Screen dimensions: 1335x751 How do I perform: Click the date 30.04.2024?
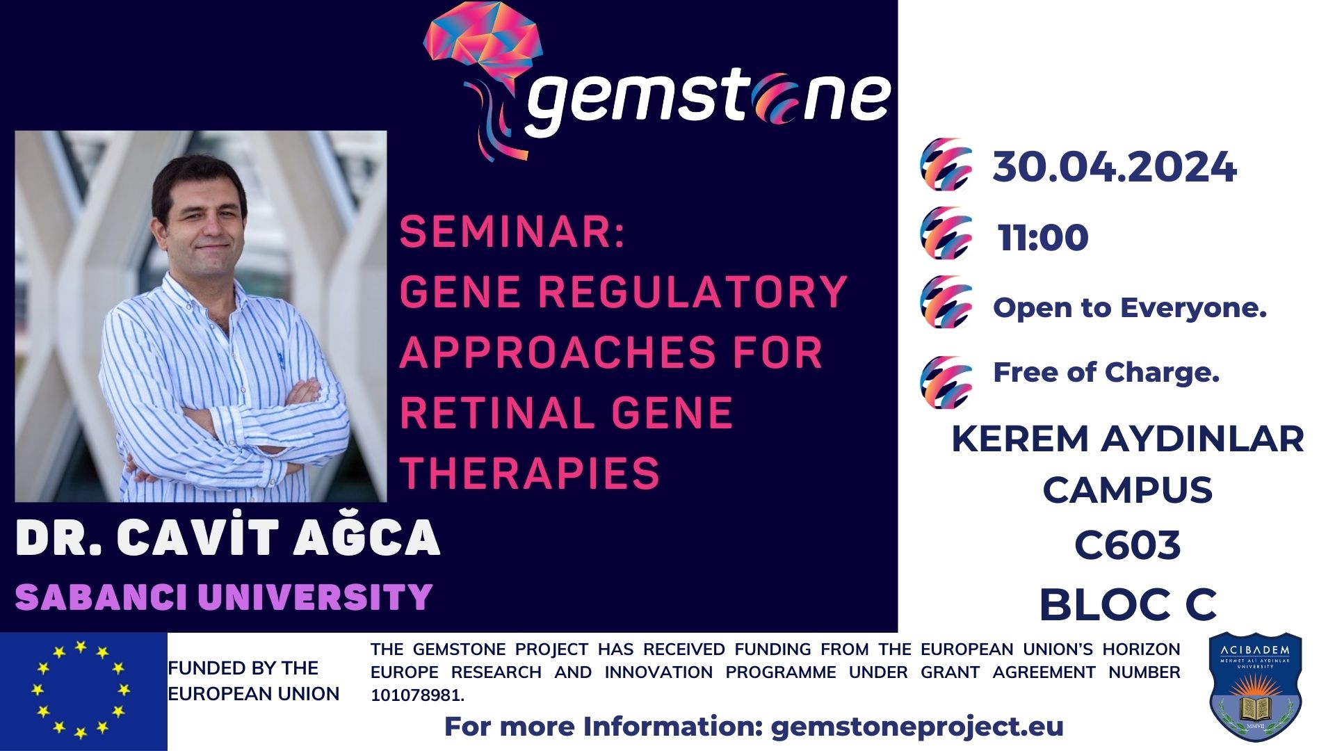pyautogui.click(x=1115, y=168)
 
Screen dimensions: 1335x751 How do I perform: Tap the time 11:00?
pyautogui.click(x=1043, y=238)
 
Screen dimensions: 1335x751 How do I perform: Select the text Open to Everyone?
pyautogui.click(x=1130, y=308)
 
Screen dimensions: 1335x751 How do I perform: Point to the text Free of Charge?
pyautogui.click(x=1106, y=373)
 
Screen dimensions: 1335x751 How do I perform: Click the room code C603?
pyautogui.click(x=1127, y=544)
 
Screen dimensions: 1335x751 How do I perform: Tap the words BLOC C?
pyautogui.click(x=1128, y=604)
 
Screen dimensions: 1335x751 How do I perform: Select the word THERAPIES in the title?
pyautogui.click(x=530, y=473)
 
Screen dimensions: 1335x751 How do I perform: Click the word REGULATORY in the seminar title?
pyautogui.click(x=693, y=291)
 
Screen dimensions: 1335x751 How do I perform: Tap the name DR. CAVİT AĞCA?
pyautogui.click(x=228, y=538)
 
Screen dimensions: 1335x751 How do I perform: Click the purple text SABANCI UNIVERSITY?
pyautogui.click(x=224, y=597)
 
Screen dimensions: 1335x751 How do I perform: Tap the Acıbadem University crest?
pyautogui.click(x=1255, y=686)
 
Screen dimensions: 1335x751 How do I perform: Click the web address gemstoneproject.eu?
pyautogui.click(x=917, y=727)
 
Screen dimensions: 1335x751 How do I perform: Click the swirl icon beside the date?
pyautogui.click(x=946, y=165)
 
